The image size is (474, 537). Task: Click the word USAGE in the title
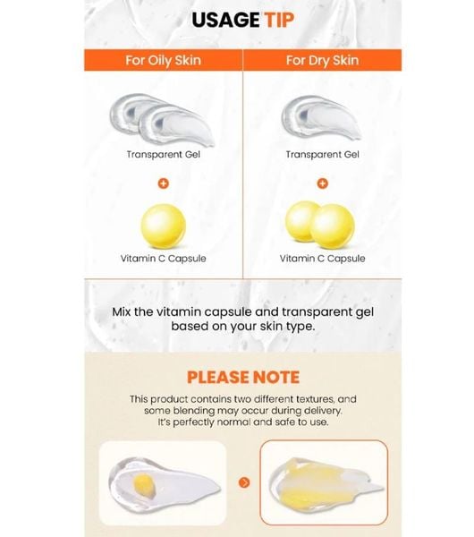pyautogui.click(x=225, y=20)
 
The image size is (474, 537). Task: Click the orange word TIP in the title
pyautogui.click(x=279, y=20)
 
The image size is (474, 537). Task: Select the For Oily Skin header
pyautogui.click(x=164, y=60)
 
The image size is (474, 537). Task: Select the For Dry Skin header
pyautogui.click(x=322, y=60)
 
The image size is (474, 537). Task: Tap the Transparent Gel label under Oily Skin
pyautogui.click(x=164, y=155)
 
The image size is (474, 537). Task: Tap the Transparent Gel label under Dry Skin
pyautogui.click(x=322, y=155)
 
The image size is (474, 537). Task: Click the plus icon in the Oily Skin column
pyautogui.click(x=164, y=183)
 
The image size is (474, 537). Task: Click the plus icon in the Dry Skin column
pyautogui.click(x=322, y=183)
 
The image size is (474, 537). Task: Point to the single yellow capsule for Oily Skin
pyautogui.click(x=164, y=226)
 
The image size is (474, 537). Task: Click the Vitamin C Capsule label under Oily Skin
pyautogui.click(x=164, y=259)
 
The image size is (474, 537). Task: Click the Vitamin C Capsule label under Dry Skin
pyautogui.click(x=322, y=259)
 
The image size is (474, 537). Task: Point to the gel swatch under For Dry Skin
pyautogui.click(x=321, y=118)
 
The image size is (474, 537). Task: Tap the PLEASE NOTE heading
pyautogui.click(x=243, y=378)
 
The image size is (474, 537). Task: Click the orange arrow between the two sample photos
pyautogui.click(x=244, y=482)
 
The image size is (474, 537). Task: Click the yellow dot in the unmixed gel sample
pyautogui.click(x=144, y=486)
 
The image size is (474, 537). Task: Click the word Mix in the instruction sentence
pyautogui.click(x=122, y=312)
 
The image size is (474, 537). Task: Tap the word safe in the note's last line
pyautogui.click(x=284, y=422)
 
